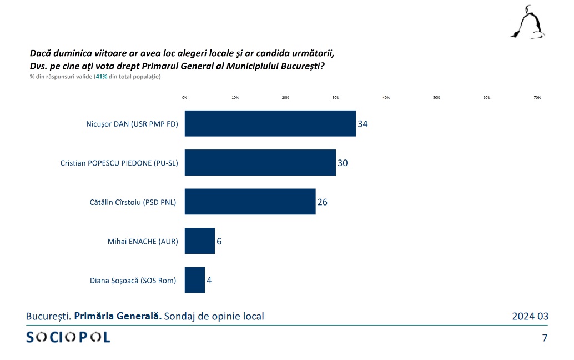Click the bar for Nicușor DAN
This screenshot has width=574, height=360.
[x=270, y=123]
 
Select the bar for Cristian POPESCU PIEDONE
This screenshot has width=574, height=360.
[x=260, y=162]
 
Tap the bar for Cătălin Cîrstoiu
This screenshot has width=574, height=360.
[x=250, y=202]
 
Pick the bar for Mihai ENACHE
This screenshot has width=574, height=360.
[x=199, y=241]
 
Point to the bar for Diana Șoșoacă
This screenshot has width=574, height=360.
[x=194, y=280]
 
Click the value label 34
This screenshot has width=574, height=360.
[x=362, y=124]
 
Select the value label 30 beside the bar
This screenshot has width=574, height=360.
[x=343, y=163]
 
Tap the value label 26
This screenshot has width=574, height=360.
[x=323, y=202]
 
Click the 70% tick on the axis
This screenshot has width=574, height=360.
[x=537, y=98]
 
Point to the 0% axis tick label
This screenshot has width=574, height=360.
[x=185, y=98]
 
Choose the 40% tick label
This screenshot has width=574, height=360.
[x=386, y=98]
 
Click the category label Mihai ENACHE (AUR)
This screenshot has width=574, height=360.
[x=143, y=242]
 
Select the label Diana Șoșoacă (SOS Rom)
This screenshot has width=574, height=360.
[x=133, y=281]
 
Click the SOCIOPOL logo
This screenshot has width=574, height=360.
[x=68, y=337]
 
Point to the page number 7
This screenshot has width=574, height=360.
[x=545, y=337]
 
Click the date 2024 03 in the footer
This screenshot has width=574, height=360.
[x=530, y=316]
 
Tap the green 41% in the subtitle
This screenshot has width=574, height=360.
[x=101, y=77]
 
